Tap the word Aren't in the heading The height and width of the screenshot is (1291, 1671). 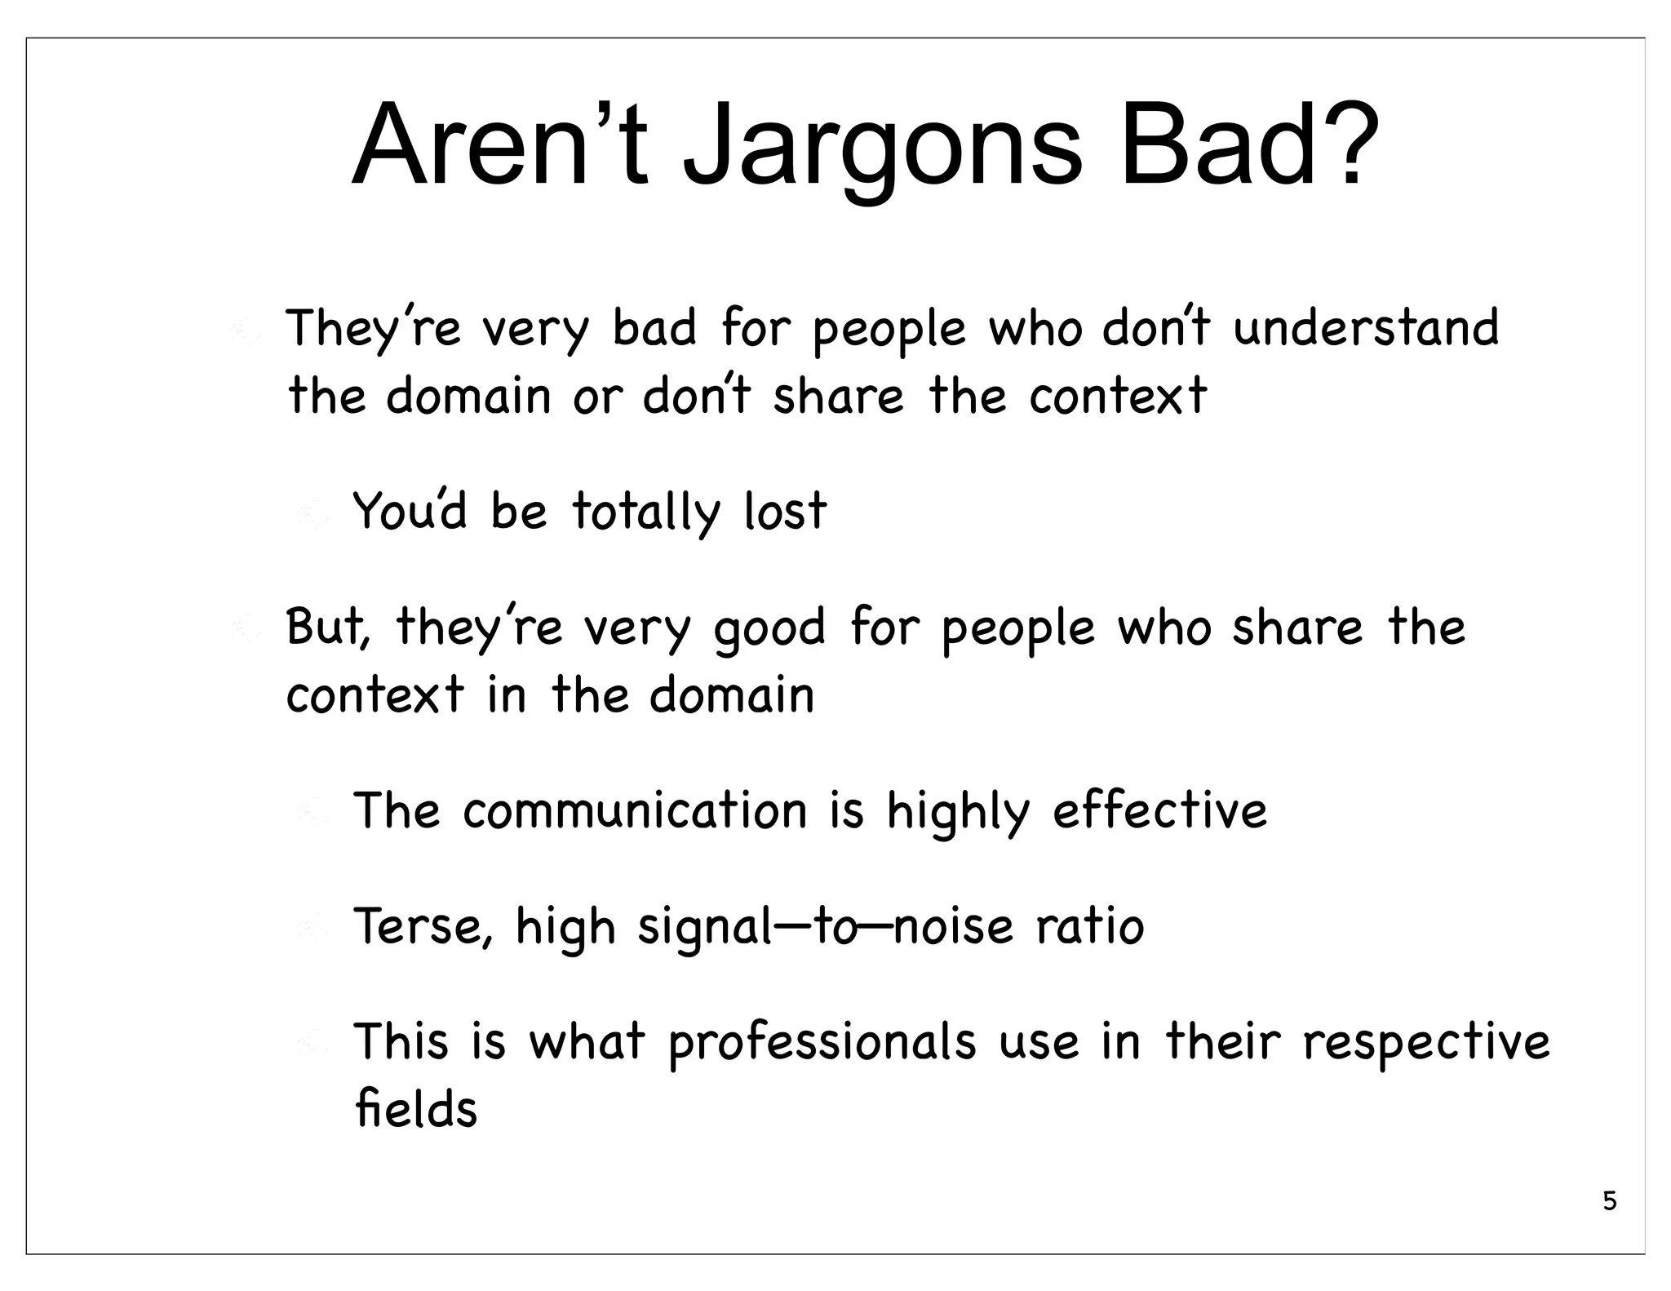(x=499, y=147)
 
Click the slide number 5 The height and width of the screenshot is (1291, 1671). (x=1609, y=1201)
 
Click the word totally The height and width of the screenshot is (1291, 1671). (x=646, y=512)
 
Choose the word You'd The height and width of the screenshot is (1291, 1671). (x=410, y=511)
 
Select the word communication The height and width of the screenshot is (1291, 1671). (x=635, y=811)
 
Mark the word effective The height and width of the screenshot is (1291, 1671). (x=1159, y=811)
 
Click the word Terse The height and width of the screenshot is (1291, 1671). (x=423, y=927)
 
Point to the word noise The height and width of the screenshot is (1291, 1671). (x=952, y=927)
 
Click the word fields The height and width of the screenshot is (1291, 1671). (x=416, y=1110)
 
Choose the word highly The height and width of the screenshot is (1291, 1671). (x=958, y=813)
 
